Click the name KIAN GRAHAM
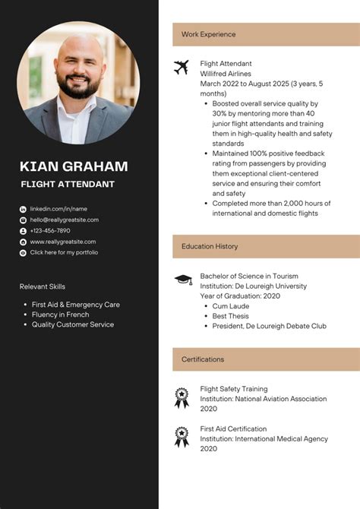[74, 166]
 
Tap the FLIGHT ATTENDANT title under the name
[68, 185]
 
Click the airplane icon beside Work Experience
[181, 67]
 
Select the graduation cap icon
[182, 280]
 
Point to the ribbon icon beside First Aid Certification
[182, 435]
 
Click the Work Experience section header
[208, 34]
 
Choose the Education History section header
[210, 246]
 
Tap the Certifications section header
[203, 359]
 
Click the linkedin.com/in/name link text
[58, 209]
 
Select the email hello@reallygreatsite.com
[64, 220]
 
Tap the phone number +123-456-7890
[50, 230]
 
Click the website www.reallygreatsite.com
[62, 242]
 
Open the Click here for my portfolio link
[64, 252]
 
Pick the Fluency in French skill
[60, 315]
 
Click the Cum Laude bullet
[231, 305]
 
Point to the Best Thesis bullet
[230, 316]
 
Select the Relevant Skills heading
[43, 286]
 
